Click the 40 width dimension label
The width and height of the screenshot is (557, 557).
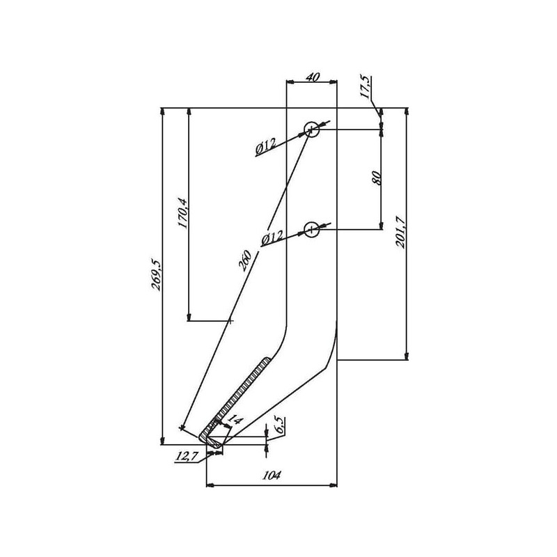(313, 77)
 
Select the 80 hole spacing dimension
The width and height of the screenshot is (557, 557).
(377, 178)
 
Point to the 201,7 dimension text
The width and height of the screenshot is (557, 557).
(400, 232)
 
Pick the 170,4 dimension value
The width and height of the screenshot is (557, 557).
(182, 213)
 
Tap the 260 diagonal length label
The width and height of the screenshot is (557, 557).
(245, 260)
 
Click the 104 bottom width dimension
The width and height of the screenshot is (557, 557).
(272, 475)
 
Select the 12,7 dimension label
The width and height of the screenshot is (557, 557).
(185, 457)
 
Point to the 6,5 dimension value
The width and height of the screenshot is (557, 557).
(280, 425)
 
